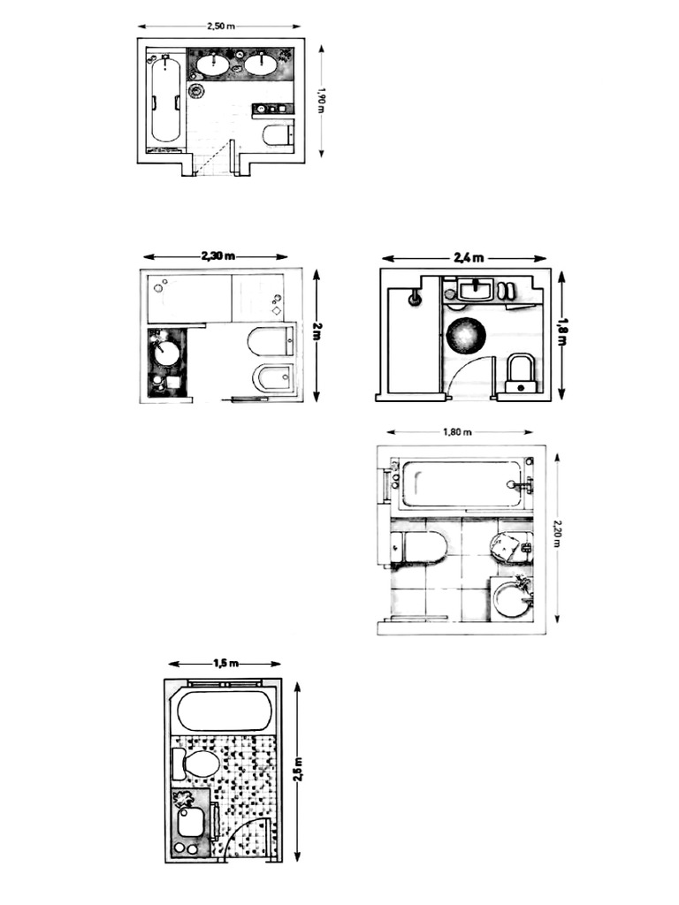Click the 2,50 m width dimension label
click(220, 26)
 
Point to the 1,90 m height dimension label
click(322, 101)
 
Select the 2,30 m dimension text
click(217, 256)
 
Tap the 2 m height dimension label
click(317, 331)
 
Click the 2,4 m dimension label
click(469, 258)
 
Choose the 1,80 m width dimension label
click(458, 431)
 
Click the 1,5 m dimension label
click(225, 663)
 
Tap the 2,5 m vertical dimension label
click(298, 770)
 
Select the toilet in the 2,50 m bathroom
click(278, 135)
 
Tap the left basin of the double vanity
click(212, 64)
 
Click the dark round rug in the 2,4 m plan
click(467, 334)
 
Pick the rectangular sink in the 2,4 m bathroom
click(475, 289)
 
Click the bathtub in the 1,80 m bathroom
click(462, 483)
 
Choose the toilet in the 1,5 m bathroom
click(195, 764)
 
